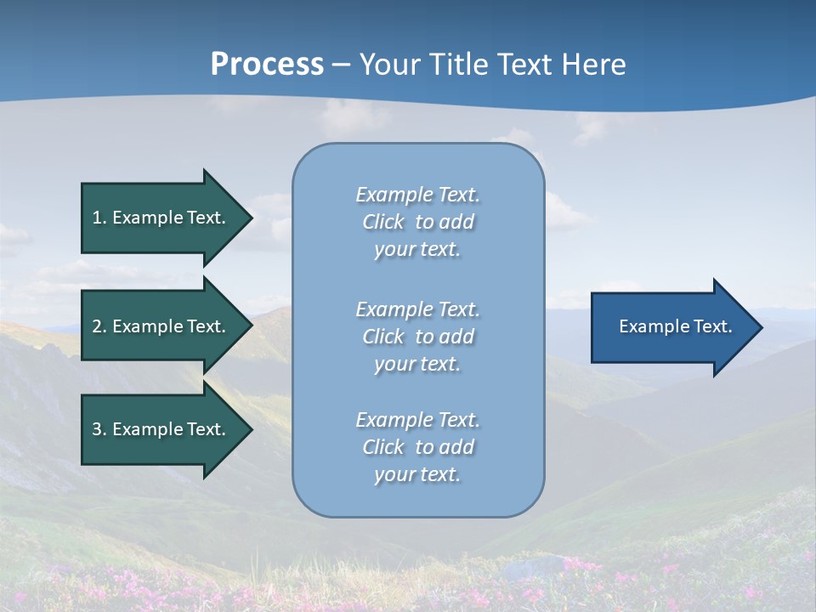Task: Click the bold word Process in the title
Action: click(267, 65)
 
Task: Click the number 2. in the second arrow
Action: click(99, 326)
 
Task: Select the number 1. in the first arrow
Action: click(99, 218)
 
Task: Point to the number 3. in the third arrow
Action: click(99, 429)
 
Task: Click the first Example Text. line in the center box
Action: click(417, 195)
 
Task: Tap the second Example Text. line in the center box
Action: click(417, 309)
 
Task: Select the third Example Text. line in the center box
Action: click(417, 420)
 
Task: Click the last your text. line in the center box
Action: click(417, 474)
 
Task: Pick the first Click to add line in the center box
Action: click(417, 222)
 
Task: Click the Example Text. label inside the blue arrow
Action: click(675, 326)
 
